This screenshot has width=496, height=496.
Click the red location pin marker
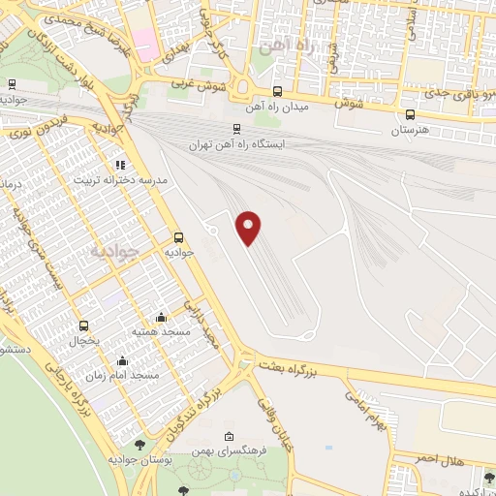tap(250, 228)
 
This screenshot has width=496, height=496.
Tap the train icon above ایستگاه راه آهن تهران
tap(236, 128)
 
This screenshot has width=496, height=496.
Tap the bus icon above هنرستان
tap(411, 113)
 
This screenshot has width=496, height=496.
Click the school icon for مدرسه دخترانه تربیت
tap(120, 166)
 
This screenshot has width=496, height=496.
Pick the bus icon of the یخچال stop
tap(83, 325)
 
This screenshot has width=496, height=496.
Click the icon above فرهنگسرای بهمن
tap(229, 436)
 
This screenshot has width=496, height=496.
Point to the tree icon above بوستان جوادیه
tap(141, 445)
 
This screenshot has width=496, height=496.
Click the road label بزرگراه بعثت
tap(287, 366)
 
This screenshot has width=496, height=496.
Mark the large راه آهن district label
tap(283, 46)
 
